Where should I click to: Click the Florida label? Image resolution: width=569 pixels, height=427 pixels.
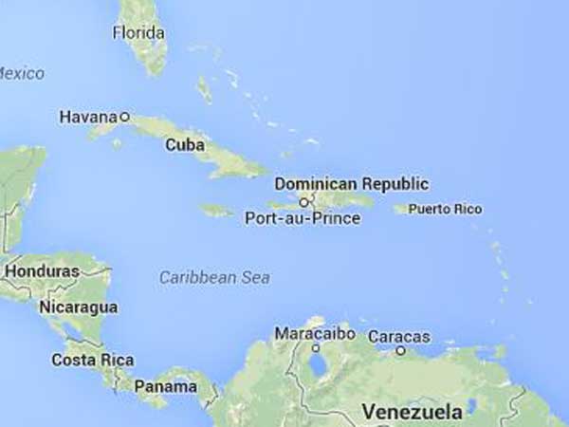[x=138, y=33]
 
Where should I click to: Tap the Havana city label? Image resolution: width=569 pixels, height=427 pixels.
[x=88, y=117]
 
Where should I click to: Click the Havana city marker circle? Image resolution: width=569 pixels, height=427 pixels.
[x=124, y=116]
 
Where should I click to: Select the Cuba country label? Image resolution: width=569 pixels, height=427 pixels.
[x=184, y=145]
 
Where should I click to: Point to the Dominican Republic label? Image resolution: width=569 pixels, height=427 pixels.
[x=351, y=183]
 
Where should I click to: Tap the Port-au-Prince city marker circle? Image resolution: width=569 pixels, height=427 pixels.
[x=303, y=202]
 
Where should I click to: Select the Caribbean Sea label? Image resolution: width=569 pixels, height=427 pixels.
[x=214, y=278]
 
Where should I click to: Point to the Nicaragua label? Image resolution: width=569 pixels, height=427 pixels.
[x=78, y=307]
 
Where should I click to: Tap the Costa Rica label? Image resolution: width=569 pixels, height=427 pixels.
[x=92, y=361]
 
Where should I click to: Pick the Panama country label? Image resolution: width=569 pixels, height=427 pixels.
[x=165, y=387]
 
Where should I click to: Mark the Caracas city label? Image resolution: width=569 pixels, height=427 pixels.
[x=398, y=337]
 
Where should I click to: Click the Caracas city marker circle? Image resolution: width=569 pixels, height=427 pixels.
[x=401, y=350]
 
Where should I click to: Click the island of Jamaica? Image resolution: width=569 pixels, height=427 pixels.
[x=216, y=211]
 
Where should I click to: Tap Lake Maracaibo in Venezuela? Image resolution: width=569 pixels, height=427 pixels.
[x=316, y=363]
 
